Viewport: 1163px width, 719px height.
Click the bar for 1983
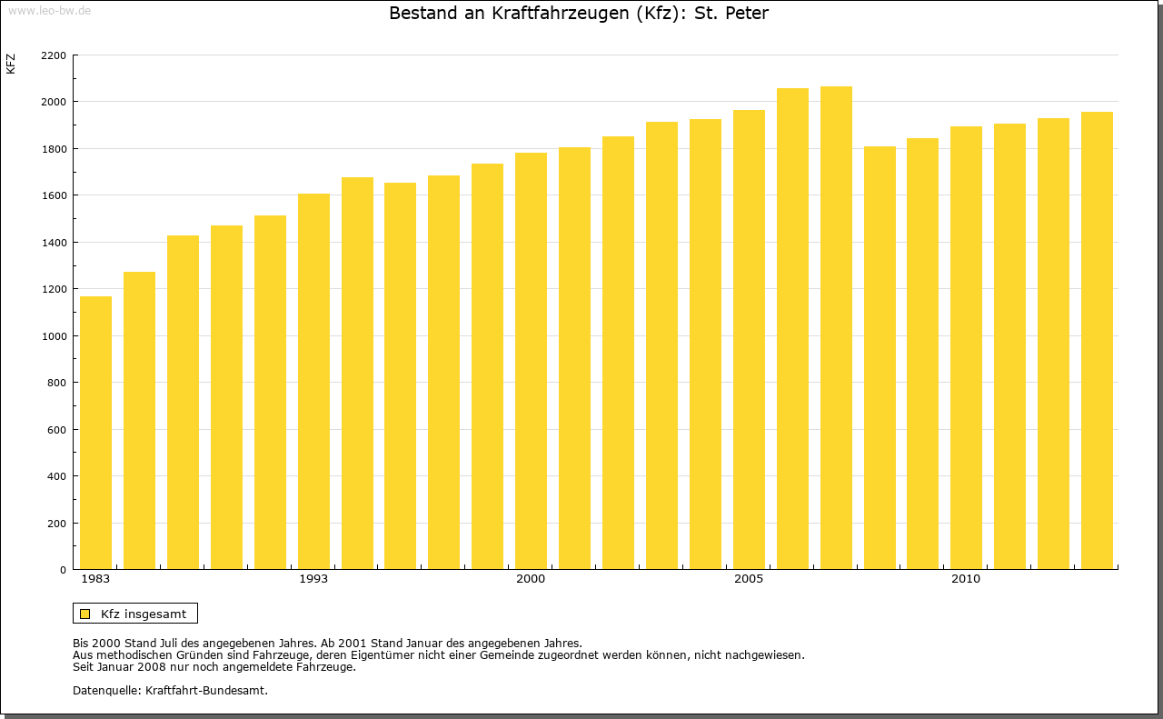click(95, 433)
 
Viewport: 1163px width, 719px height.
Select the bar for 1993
click(313, 382)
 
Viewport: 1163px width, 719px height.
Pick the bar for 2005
click(749, 340)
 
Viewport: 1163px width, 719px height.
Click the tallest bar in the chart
click(836, 328)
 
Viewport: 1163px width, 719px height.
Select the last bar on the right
click(1097, 341)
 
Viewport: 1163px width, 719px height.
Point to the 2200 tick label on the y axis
click(54, 55)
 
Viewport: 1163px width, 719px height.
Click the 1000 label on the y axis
click(54, 336)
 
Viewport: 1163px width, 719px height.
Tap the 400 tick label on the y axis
click(56, 476)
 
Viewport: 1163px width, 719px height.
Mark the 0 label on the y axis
click(63, 570)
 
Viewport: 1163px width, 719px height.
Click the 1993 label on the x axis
click(313, 579)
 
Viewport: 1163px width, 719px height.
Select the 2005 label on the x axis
click(749, 579)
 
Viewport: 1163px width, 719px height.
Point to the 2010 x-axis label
click(966, 579)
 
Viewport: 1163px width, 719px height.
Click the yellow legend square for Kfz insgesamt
click(84, 614)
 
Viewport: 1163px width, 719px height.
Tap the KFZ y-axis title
click(11, 64)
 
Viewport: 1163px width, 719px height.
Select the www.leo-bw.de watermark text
click(48, 9)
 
